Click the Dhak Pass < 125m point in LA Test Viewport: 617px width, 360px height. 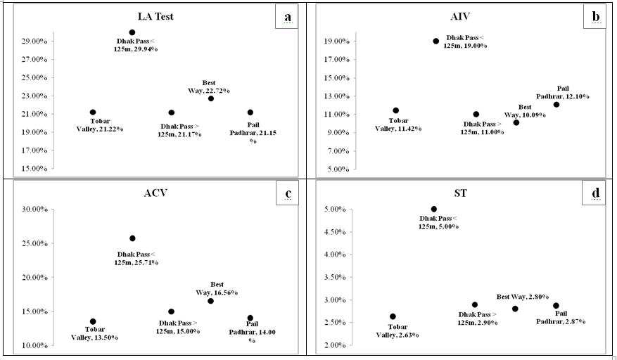click(x=132, y=32)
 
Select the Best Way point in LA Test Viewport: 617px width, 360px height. click(x=211, y=98)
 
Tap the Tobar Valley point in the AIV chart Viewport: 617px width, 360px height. click(x=396, y=110)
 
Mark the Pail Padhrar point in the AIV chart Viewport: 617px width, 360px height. click(x=556, y=105)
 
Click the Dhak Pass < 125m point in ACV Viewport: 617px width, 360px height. click(x=132, y=238)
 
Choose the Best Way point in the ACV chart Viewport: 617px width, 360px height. click(x=211, y=301)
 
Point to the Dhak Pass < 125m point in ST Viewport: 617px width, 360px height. click(x=434, y=209)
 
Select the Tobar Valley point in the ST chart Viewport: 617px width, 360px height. click(x=393, y=316)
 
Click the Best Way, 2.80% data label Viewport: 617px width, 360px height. click(x=523, y=297)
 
